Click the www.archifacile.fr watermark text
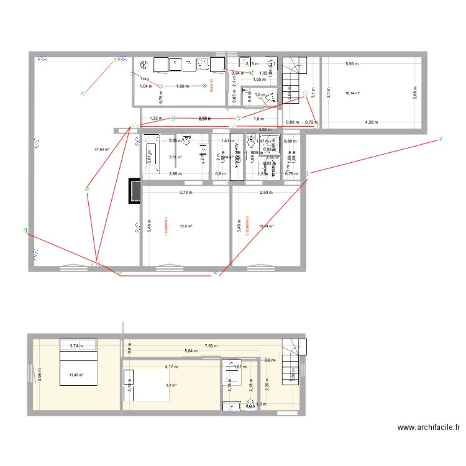(x=429, y=427)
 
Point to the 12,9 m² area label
(x=186, y=226)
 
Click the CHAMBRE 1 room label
(x=167, y=227)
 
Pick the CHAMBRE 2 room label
(x=247, y=227)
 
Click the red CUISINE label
(x=211, y=85)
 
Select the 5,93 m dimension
(x=352, y=64)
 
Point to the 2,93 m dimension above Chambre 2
(x=267, y=193)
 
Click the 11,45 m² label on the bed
(x=76, y=375)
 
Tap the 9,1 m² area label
(x=171, y=385)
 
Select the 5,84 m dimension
(x=191, y=351)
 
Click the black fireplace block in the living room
(x=134, y=191)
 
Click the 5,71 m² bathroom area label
(x=175, y=157)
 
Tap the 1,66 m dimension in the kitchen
(x=183, y=86)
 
